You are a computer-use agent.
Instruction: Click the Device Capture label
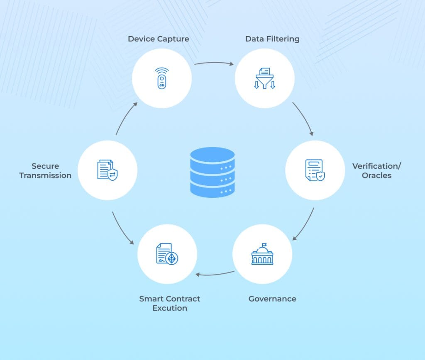(158, 39)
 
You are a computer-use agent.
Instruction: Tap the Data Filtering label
(272, 39)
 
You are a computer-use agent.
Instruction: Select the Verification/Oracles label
(376, 170)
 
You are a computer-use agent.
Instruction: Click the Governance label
(272, 299)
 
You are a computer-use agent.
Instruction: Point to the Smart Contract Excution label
(169, 303)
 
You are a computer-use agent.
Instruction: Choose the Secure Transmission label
(45, 170)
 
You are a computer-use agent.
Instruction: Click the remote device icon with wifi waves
(161, 78)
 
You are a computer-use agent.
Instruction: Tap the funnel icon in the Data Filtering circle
(264, 79)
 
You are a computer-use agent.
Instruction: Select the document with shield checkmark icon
(315, 170)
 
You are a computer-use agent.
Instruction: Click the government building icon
(262, 254)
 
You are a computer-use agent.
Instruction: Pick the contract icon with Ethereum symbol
(167, 254)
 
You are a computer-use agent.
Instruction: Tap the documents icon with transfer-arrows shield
(107, 170)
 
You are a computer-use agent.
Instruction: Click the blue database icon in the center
(212, 172)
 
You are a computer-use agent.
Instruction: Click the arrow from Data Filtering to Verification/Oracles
(304, 118)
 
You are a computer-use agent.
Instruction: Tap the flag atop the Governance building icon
(264, 245)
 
